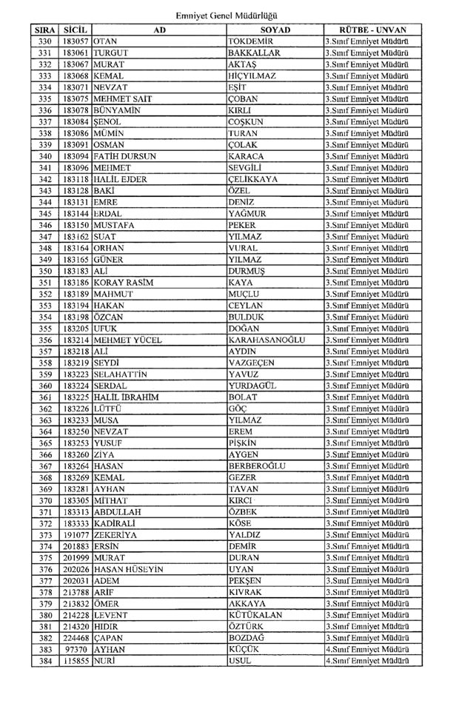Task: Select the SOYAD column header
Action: click(275, 30)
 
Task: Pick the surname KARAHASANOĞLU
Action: click(267, 340)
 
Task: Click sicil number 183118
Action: click(76, 179)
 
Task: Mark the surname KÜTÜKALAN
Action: click(259, 614)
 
